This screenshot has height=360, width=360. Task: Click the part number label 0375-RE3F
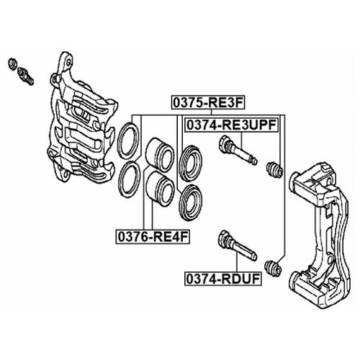click(208, 102)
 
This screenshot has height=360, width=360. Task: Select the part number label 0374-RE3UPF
click(231, 125)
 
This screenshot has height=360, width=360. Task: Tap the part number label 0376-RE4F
click(153, 237)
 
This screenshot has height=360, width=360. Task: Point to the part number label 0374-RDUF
click(223, 279)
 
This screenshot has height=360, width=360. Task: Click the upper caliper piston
click(159, 155)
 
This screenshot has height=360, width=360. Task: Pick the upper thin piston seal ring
click(128, 140)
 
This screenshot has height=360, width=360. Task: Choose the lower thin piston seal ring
click(129, 179)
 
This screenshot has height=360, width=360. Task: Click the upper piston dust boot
click(191, 163)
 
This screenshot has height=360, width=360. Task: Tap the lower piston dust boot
click(191, 202)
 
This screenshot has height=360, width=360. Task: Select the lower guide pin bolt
click(237, 246)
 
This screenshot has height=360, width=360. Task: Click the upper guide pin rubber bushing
click(274, 170)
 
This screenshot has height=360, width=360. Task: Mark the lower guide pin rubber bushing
click(273, 268)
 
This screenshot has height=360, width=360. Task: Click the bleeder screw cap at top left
click(12, 64)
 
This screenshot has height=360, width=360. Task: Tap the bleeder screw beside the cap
click(25, 76)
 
